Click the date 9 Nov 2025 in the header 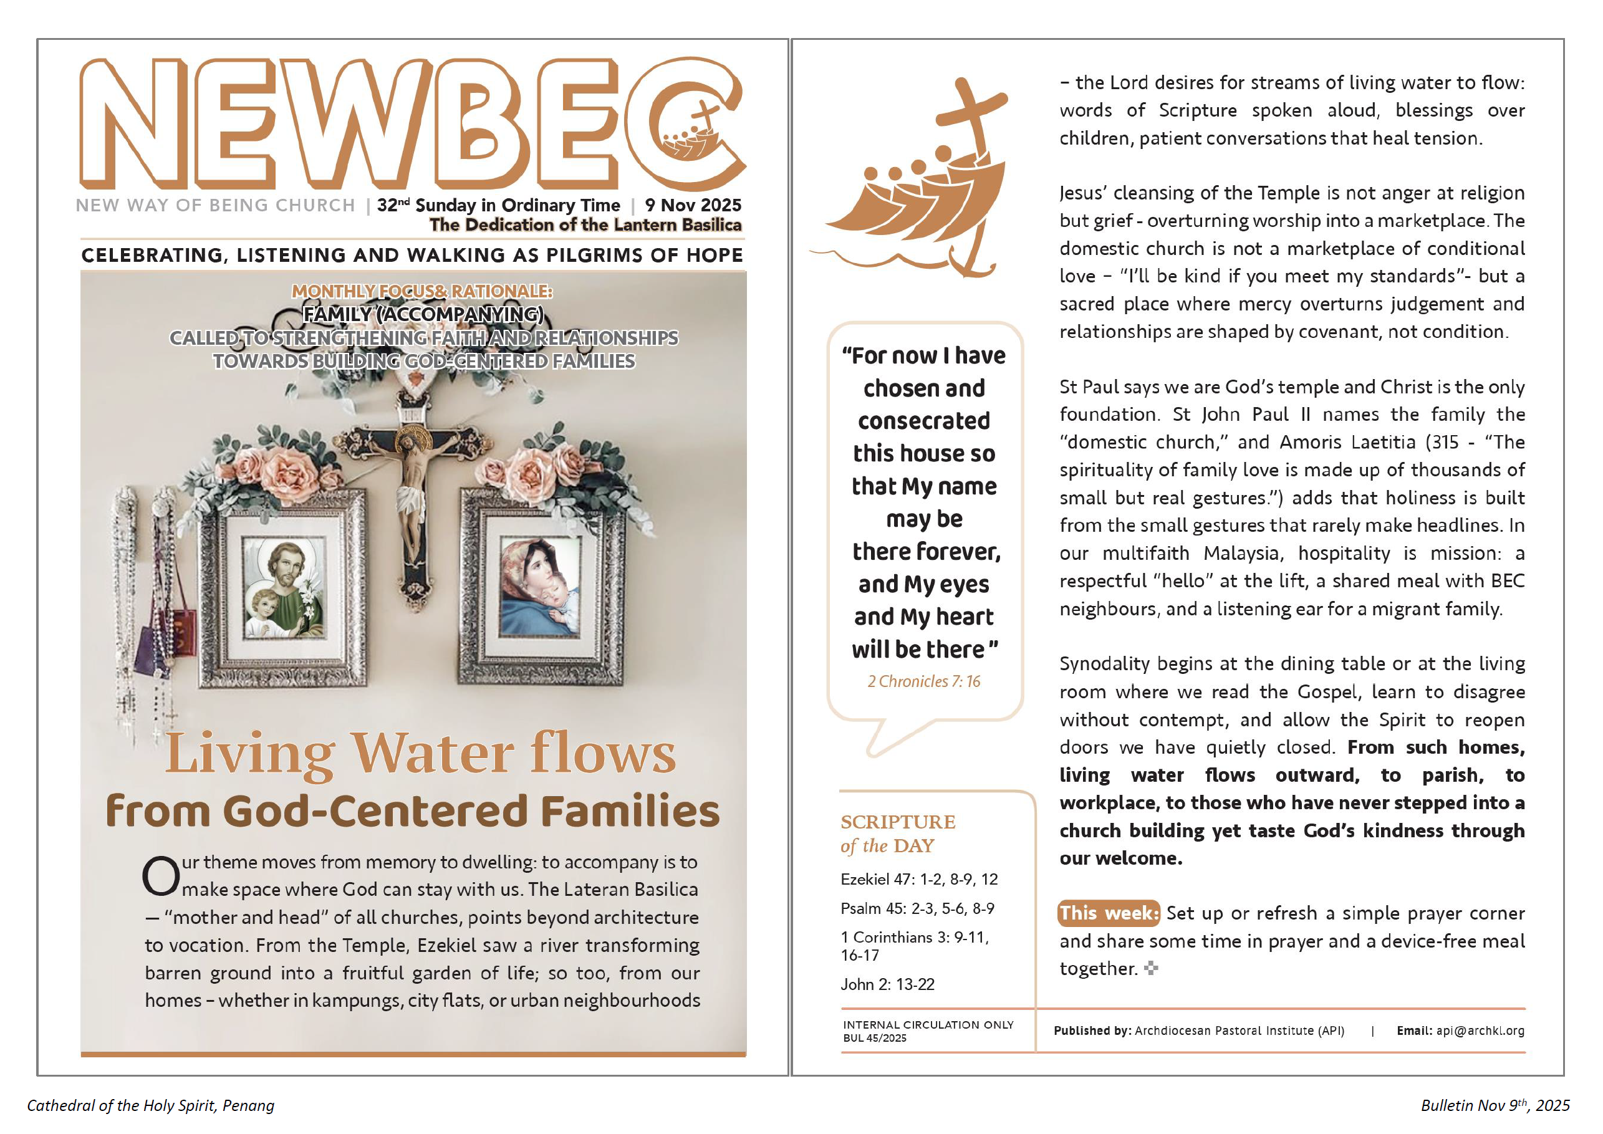coord(693,205)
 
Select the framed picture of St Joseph coord(285,590)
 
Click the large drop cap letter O coord(161,877)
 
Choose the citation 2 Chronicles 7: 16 coord(923,681)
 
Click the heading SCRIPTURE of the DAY coord(898,834)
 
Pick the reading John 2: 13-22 coord(887,984)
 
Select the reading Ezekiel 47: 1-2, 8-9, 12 coord(919,880)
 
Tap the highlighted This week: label coord(1109,913)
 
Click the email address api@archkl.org coord(1480,1031)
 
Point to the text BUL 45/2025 coord(874,1039)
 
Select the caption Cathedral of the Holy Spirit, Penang coord(151,1105)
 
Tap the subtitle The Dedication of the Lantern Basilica coord(585,225)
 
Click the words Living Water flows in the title coord(420,754)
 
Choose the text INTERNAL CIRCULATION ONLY coord(928,1025)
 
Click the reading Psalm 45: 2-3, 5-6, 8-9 coord(917,908)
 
